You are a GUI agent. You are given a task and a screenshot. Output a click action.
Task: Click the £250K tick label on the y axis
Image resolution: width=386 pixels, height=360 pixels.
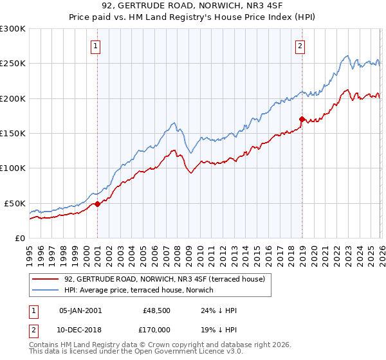13,64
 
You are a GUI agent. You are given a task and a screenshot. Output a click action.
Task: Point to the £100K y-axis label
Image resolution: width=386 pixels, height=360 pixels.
13,168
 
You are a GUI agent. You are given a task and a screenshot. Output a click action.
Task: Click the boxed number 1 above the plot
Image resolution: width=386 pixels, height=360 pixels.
96,46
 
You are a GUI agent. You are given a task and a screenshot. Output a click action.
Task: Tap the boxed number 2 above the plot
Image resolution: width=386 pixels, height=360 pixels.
300,46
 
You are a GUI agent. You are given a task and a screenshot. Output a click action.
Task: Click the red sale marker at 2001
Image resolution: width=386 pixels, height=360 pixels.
97,204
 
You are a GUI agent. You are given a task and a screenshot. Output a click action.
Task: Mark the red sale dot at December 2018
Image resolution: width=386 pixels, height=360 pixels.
301,119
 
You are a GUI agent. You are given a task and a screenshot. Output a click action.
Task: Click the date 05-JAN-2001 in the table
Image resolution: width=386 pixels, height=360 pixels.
80,310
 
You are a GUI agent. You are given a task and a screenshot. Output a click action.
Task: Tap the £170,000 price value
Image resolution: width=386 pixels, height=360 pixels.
157,330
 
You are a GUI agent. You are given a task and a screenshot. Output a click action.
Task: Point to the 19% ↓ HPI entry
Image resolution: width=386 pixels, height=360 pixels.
218,330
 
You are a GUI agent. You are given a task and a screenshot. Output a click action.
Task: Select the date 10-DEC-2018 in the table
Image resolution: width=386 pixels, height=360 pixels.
80,330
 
